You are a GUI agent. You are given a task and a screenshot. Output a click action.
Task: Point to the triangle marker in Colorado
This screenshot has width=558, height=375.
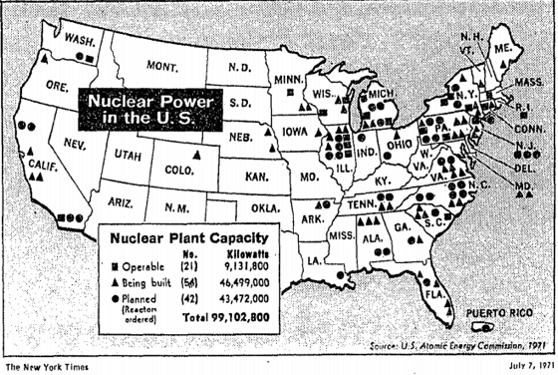[x=196, y=155]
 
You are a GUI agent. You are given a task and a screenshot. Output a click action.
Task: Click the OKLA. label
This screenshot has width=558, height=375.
[x=265, y=207]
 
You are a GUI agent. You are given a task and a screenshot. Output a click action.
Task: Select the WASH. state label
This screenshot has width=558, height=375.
[x=79, y=39]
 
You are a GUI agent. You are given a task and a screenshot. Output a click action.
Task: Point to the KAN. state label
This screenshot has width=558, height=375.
[x=258, y=176]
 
